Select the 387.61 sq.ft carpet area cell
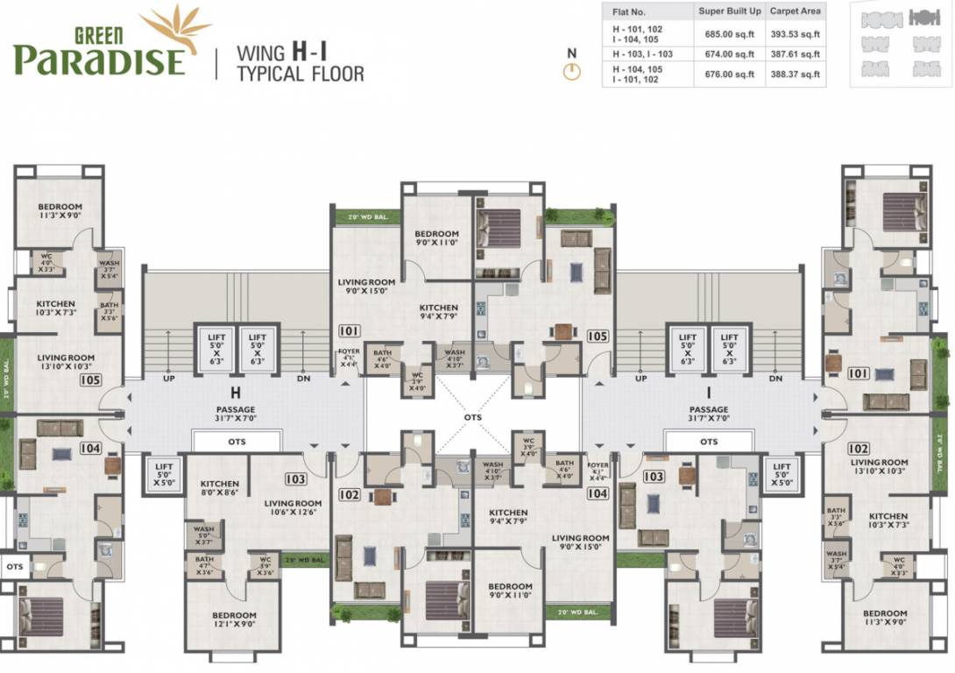[795, 54]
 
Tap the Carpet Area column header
[795, 11]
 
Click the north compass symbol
[572, 71]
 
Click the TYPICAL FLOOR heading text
[301, 74]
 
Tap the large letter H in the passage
[236, 393]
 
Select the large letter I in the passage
[708, 393]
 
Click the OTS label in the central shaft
[473, 417]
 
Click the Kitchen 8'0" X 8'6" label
[219, 488]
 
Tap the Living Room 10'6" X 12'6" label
[294, 508]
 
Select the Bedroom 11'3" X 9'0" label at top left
[60, 210]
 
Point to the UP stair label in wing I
[641, 379]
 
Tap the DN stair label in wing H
[303, 379]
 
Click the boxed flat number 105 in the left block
[90, 380]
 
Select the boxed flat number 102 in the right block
[859, 449]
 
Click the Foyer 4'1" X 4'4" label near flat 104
[598, 471]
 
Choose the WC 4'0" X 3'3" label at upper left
[46, 264]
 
